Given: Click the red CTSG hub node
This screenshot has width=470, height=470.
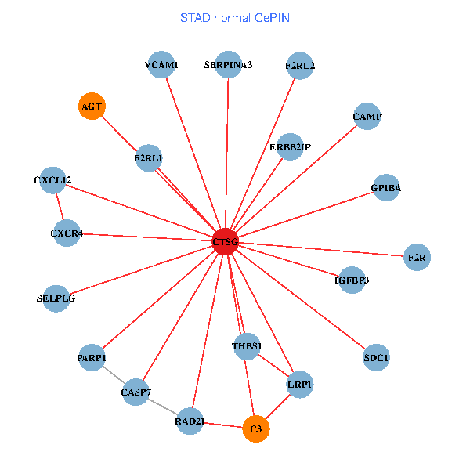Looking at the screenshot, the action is click(x=225, y=241).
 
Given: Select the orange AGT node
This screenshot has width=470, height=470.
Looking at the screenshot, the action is click(x=92, y=106).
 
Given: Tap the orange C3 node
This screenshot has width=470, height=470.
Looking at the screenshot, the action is click(x=256, y=429).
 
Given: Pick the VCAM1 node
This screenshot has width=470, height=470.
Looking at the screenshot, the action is click(x=161, y=65).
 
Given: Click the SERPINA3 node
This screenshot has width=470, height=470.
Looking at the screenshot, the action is click(x=229, y=65).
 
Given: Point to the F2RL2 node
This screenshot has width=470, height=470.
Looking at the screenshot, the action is click(x=300, y=66).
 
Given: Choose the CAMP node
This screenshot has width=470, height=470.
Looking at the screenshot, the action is click(x=367, y=116).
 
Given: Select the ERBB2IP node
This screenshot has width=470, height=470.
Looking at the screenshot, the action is click(x=290, y=147).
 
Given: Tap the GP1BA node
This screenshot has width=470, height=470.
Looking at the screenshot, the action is click(x=386, y=188).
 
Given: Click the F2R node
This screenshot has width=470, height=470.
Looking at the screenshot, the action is click(x=417, y=257).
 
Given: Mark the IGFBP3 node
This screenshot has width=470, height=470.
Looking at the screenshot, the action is click(x=352, y=280).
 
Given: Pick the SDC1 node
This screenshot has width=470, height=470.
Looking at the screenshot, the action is click(x=376, y=357).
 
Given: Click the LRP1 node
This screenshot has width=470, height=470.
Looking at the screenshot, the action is click(x=300, y=385).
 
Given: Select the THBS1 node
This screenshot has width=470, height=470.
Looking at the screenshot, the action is click(x=247, y=346).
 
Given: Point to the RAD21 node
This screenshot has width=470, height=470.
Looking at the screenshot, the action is click(x=190, y=421).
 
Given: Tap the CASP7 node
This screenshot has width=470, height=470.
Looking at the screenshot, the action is click(x=136, y=392).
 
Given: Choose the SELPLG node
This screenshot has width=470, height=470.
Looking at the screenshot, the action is click(x=56, y=298).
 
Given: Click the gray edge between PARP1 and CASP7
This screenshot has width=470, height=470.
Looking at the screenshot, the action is click(x=114, y=374).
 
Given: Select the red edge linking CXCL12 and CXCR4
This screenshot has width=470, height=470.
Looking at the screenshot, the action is click(x=60, y=207).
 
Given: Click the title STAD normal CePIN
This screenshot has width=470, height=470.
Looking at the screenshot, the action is click(x=235, y=18).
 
